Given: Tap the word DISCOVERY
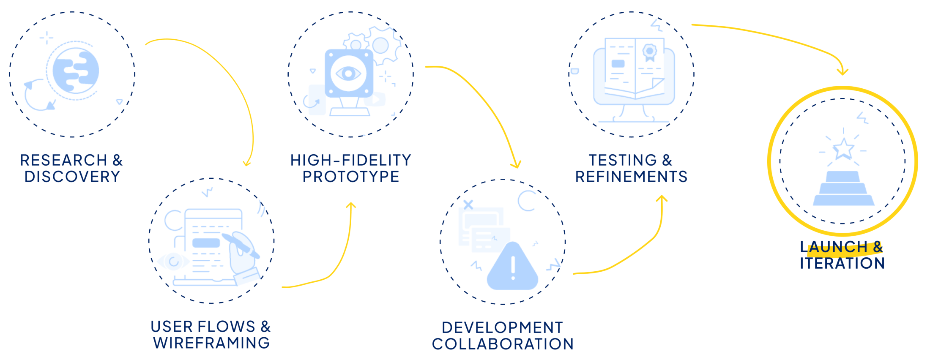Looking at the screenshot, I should (x=72, y=177).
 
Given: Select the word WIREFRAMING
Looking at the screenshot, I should (x=211, y=343).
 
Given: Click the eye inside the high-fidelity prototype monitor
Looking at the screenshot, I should (x=348, y=74).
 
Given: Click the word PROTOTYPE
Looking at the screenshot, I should (x=351, y=177).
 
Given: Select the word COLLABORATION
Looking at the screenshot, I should (x=503, y=344).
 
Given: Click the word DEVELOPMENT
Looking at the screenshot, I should (x=503, y=327).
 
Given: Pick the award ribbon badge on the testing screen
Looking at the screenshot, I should (x=649, y=52).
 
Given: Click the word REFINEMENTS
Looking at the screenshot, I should (x=631, y=177).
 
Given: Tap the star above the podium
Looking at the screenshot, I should (x=843, y=149).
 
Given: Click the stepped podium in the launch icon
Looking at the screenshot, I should (x=843, y=189).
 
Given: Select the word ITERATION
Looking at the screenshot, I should (x=842, y=263).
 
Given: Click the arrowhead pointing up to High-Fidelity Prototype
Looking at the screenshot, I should (x=351, y=206).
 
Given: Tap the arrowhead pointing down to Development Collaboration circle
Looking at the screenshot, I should (x=516, y=165).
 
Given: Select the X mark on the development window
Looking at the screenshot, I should (x=468, y=205).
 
